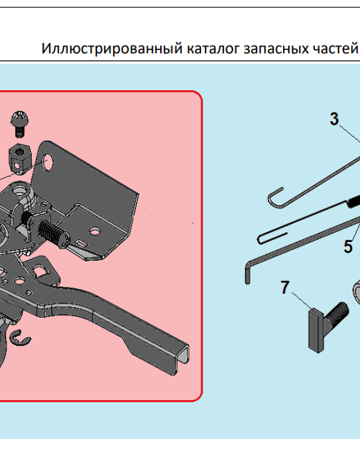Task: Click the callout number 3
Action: click(334, 120)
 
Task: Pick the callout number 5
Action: click(348, 246)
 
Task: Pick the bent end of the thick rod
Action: click(247, 272)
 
